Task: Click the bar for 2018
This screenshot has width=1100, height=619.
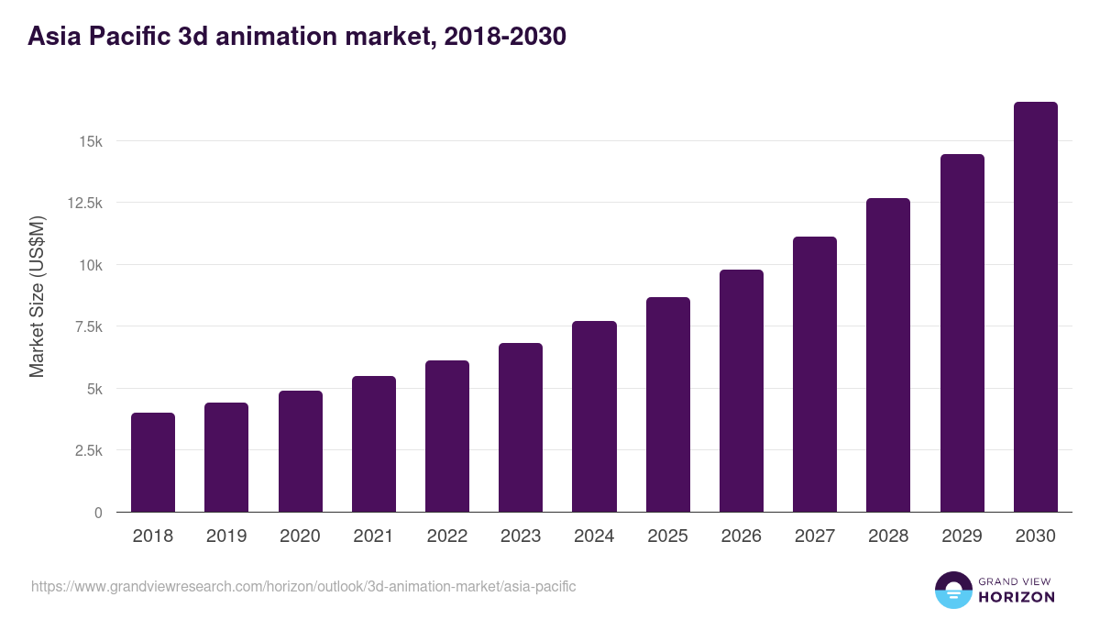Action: (153, 462)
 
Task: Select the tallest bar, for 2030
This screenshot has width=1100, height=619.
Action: (1035, 307)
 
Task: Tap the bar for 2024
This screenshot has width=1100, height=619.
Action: (594, 416)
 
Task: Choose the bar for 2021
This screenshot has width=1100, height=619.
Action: (374, 444)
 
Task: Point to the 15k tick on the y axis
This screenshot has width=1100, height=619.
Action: (90, 141)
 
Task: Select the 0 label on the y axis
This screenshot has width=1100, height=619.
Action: (98, 513)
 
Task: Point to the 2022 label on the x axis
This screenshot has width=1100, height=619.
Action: (447, 536)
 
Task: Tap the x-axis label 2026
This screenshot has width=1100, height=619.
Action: (741, 536)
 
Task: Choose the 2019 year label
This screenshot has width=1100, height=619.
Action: (226, 536)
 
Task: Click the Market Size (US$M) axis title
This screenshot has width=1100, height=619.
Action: (37, 296)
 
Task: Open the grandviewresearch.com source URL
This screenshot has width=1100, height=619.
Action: (303, 586)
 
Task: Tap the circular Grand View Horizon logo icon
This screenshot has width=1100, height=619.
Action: (952, 590)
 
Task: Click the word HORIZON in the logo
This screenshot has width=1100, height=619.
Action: (1017, 597)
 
